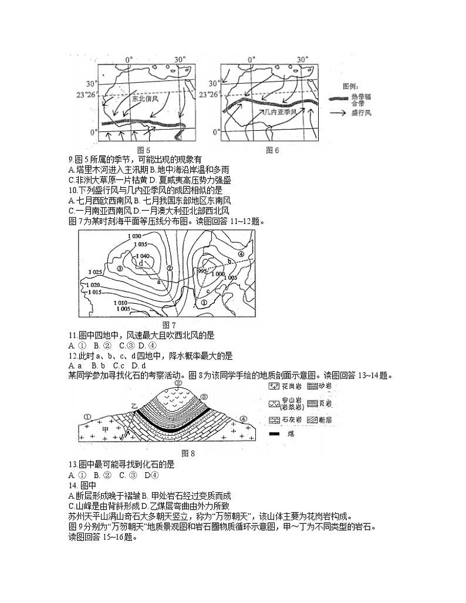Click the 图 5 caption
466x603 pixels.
[143, 150]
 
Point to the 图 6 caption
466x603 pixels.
[272, 150]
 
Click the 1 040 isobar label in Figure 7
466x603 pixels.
[143, 256]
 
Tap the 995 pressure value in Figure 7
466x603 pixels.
[202, 272]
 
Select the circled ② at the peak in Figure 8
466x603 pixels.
[178, 382]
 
